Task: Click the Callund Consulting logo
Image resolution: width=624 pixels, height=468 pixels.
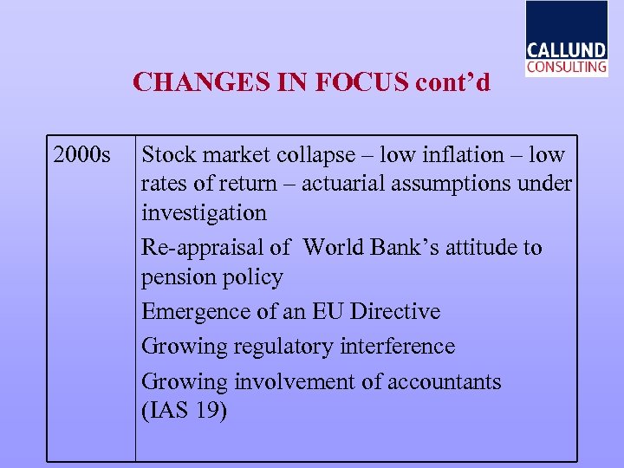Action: pos(566,39)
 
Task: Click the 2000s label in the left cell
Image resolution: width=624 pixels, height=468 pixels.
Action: pos(81,156)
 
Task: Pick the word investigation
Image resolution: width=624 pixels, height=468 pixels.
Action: pos(204,213)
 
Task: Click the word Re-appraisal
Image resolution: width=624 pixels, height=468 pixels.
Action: pos(205,248)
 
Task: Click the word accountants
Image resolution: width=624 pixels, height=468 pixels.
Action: pos(444,382)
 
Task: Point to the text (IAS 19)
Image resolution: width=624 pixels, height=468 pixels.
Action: pos(184,410)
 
